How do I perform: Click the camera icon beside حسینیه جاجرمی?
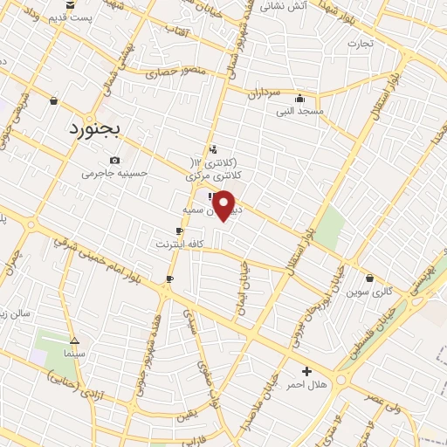click(115, 161)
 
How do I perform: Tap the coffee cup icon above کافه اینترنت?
click(179, 231)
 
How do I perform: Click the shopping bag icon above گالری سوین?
click(370, 279)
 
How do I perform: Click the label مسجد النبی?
click(300, 111)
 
